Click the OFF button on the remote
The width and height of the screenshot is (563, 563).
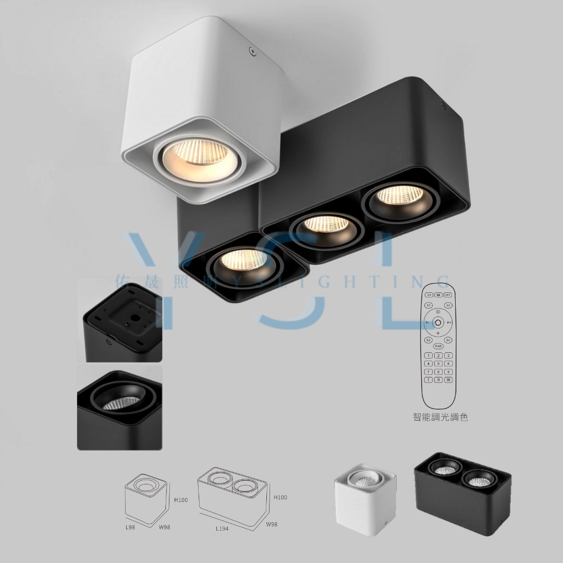[x=447, y=295]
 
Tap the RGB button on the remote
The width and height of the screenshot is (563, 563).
[x=438, y=346]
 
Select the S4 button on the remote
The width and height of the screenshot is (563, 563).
[x=448, y=340]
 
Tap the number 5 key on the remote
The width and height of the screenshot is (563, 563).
[x=438, y=363]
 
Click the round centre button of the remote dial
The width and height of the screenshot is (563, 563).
[x=438, y=323]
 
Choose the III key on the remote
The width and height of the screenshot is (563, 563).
[x=448, y=380]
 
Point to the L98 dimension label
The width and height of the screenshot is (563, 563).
[x=131, y=528]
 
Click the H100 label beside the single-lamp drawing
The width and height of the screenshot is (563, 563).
[x=180, y=500]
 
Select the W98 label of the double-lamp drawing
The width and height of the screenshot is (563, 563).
[x=271, y=524]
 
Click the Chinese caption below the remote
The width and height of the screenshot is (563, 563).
[x=440, y=417]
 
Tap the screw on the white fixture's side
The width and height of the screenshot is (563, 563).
[x=252, y=51]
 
